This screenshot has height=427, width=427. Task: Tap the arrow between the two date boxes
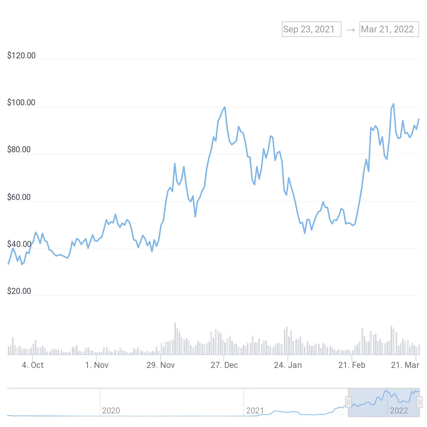350,30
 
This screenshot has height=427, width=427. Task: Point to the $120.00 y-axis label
21,56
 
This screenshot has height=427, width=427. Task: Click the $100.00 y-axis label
21,102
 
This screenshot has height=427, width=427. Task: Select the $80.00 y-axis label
19,149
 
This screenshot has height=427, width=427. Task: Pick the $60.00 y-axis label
19,197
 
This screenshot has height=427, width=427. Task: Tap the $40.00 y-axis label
19,244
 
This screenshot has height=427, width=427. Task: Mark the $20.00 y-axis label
19,291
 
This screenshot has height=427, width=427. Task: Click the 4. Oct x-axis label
33,365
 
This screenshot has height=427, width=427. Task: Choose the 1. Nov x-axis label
97,365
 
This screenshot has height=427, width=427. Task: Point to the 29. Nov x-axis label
160,365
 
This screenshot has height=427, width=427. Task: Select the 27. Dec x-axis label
224,365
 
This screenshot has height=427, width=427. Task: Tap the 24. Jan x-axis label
288,365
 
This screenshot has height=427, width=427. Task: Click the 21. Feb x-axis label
352,365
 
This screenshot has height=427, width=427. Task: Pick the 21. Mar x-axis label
405,365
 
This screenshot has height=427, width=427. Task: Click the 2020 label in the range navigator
111,411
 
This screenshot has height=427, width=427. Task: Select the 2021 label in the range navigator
255,411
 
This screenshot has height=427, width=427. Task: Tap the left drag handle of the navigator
348,402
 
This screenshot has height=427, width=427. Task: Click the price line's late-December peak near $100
225,107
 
